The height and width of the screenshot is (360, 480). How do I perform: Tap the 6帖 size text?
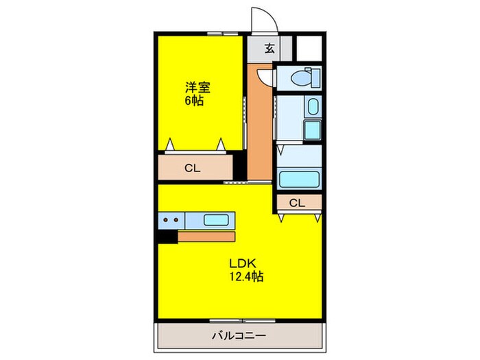point(193,100)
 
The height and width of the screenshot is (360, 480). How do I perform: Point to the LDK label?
point(241,264)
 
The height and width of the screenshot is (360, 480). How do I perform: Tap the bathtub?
point(298,180)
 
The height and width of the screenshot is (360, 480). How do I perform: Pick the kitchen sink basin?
point(216,220)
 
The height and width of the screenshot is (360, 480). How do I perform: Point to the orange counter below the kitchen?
point(206,236)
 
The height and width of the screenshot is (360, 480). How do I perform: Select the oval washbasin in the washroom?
point(312,107)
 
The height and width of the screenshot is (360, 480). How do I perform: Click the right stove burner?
point(178,220)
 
